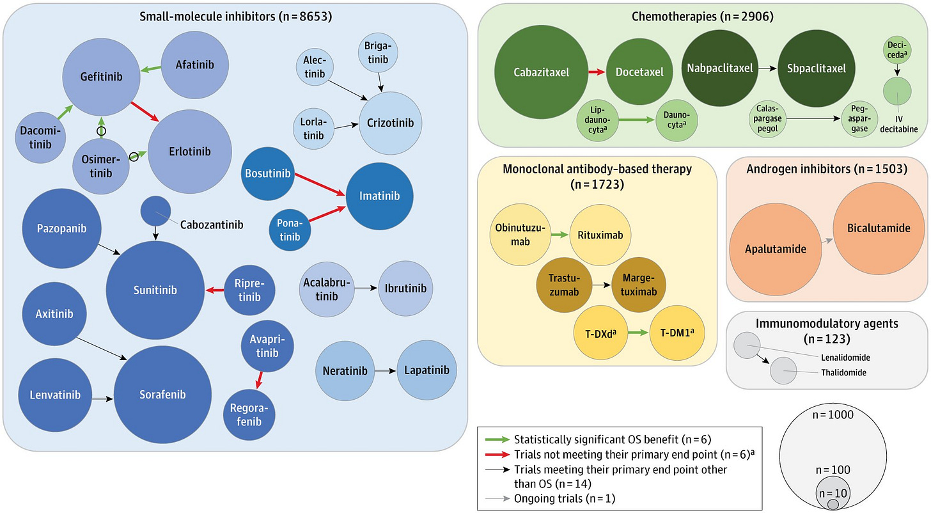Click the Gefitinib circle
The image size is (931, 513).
pos(102,77)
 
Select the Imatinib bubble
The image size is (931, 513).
pos(379,196)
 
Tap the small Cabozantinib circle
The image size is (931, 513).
pos(155,211)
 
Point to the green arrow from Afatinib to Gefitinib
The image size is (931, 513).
pos(150,68)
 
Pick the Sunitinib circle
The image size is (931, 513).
pos(155,290)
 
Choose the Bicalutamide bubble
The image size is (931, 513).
pos(878,228)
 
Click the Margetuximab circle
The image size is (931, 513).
pos(639,285)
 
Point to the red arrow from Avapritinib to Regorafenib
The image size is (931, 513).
pos(259,381)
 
